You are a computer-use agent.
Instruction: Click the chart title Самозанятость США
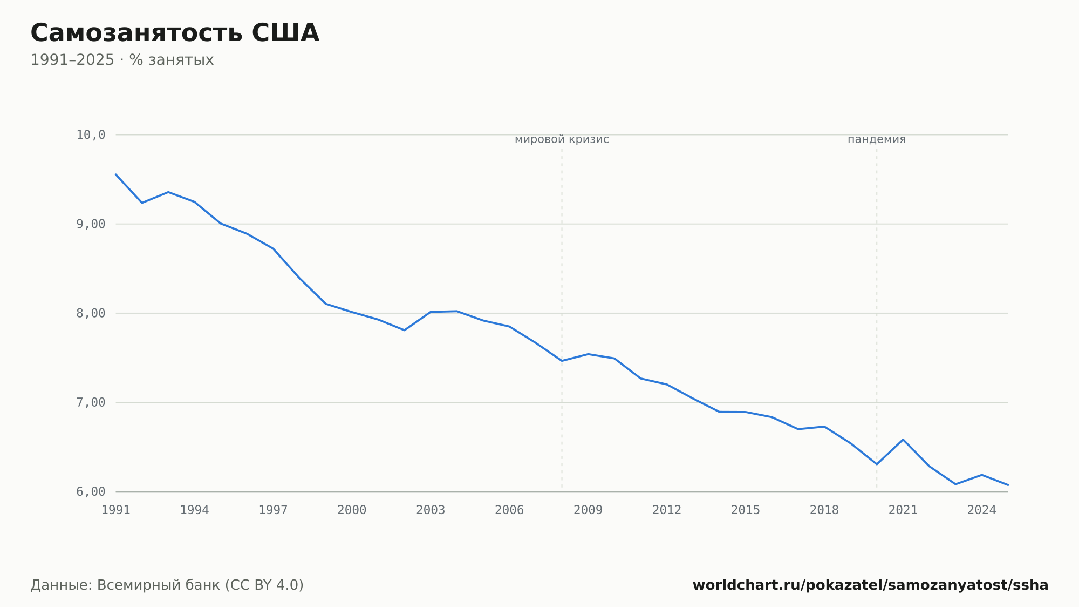(x=175, y=33)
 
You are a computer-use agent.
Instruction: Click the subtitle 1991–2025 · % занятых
(x=122, y=60)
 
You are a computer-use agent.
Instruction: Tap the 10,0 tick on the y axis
(x=91, y=135)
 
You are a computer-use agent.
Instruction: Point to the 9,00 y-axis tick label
(x=91, y=224)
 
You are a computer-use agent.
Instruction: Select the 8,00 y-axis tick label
(x=91, y=313)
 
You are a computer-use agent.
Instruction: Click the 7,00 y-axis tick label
(x=91, y=402)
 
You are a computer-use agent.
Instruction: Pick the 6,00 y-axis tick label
(x=91, y=491)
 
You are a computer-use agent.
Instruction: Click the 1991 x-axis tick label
(x=116, y=510)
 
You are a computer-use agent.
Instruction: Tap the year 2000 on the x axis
(x=352, y=510)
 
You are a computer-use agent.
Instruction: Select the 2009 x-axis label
(x=588, y=510)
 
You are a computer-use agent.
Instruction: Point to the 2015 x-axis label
(x=746, y=510)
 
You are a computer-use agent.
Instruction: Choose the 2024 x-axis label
(x=982, y=510)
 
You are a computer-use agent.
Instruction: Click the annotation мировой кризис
(x=562, y=139)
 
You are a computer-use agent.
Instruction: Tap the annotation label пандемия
(x=877, y=139)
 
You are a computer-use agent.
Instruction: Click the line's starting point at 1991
(x=116, y=174)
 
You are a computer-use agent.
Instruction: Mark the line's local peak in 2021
(x=903, y=440)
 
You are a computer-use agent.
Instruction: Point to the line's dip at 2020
(x=877, y=464)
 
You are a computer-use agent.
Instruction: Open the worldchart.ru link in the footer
(x=870, y=585)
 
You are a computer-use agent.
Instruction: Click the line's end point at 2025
(x=1008, y=485)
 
